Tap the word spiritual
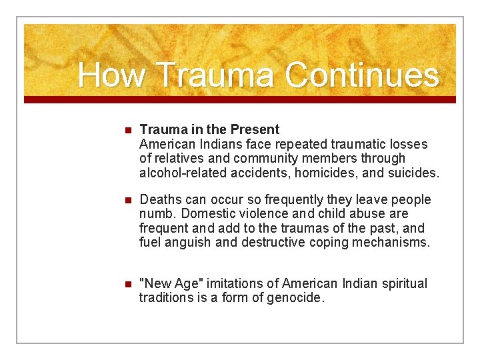point(401,283)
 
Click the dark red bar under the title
point(240,99)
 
